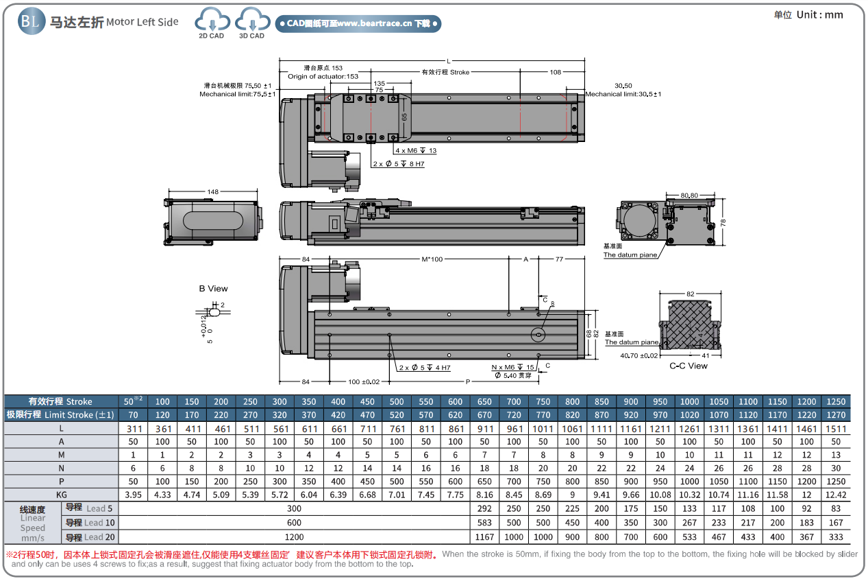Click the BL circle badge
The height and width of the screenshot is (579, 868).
click(29, 21)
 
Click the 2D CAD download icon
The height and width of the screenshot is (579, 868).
click(211, 22)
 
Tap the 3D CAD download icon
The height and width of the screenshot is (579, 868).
click(251, 22)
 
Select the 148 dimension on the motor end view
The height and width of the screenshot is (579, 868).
click(212, 191)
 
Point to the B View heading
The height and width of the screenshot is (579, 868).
click(214, 289)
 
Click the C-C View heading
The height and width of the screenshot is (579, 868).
click(689, 366)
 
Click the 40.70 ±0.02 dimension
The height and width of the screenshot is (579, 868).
click(639, 356)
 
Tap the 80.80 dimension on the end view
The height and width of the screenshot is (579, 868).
click(689, 196)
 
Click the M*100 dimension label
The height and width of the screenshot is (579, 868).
click(432, 259)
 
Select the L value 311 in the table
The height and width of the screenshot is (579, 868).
click(134, 429)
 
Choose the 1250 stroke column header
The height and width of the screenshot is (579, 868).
click(836, 401)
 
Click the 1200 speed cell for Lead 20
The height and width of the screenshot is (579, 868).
click(294, 537)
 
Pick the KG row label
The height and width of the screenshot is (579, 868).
click(62, 495)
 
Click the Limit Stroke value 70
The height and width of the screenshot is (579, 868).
click(134, 415)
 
